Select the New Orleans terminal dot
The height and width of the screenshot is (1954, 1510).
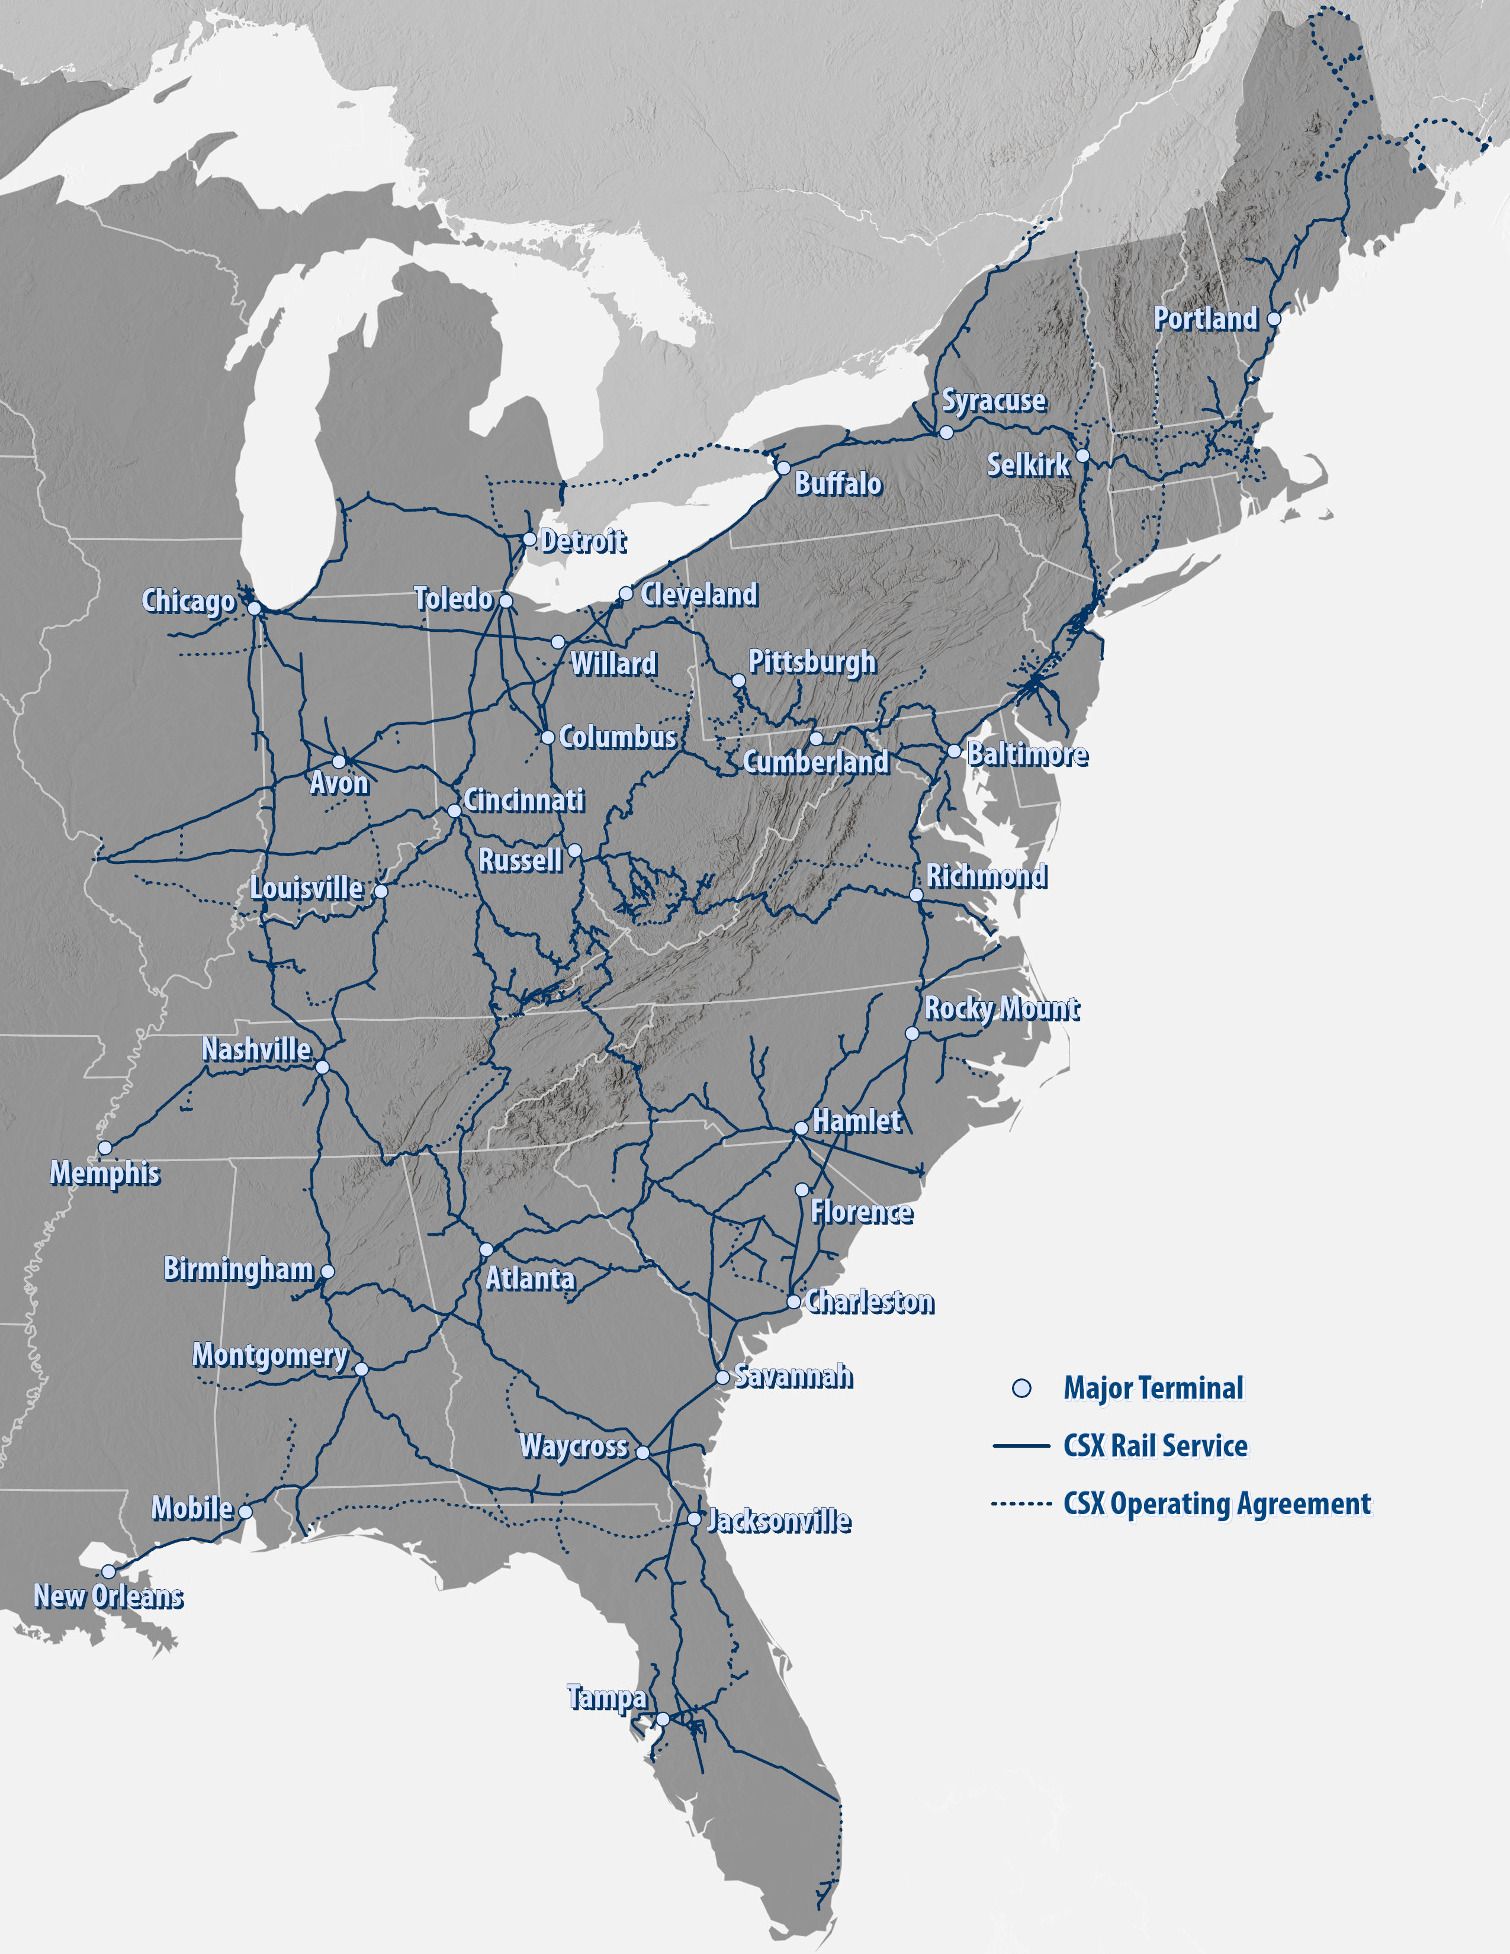click(108, 1571)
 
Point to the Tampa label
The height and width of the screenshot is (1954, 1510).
click(606, 1697)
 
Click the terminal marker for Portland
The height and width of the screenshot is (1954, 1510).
click(1274, 319)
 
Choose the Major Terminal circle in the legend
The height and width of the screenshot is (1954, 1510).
click(1021, 1389)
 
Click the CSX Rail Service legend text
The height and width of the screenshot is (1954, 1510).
click(1155, 1446)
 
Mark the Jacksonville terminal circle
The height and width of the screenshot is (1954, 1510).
click(694, 1519)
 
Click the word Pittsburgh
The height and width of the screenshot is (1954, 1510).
click(811, 662)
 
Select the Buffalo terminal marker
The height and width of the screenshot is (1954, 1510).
click(783, 468)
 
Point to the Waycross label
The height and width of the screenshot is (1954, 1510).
click(573, 1446)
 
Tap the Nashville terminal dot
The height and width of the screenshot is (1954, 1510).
click(322, 1068)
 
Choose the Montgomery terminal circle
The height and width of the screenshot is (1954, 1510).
click(361, 1369)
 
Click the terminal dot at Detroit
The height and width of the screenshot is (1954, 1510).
click(529, 539)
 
